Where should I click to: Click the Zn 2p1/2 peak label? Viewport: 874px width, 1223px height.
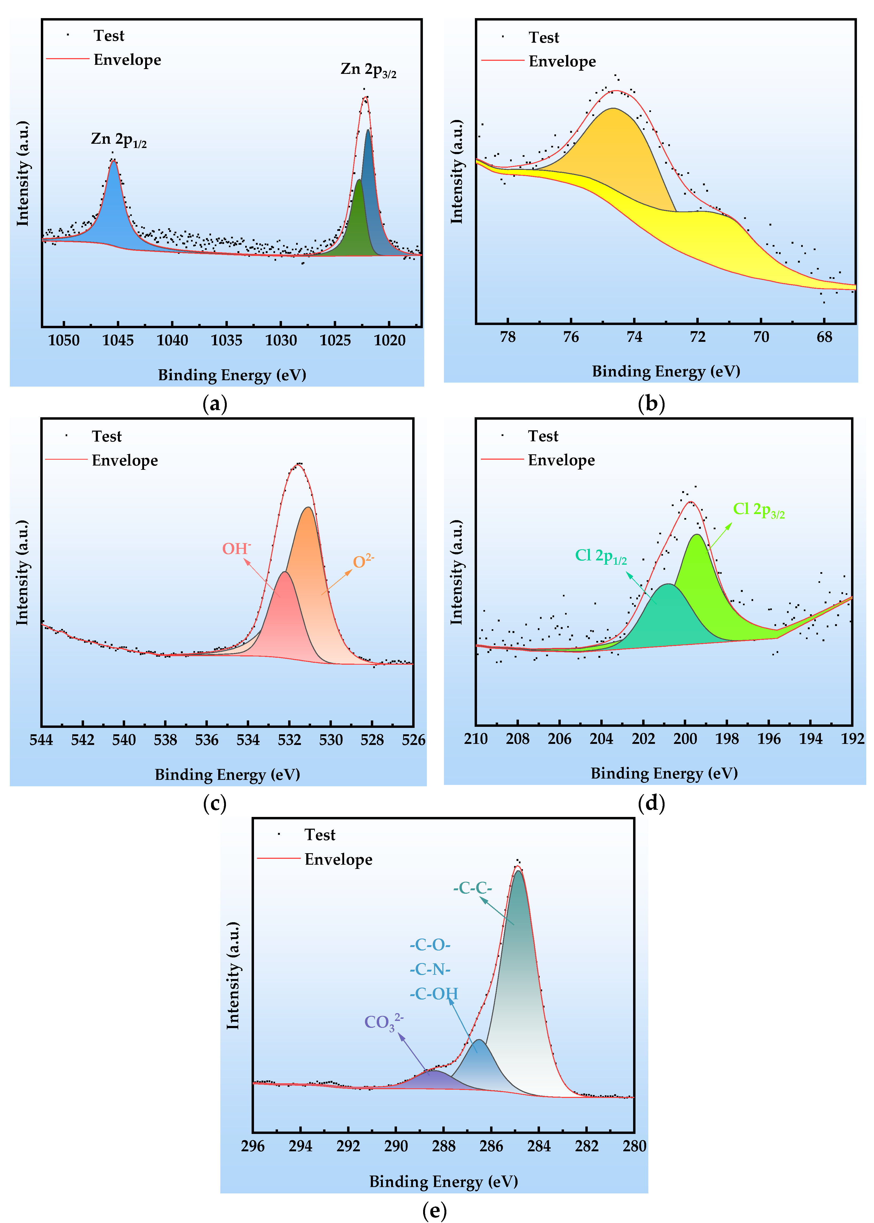118,140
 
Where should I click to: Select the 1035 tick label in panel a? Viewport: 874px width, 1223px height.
227,340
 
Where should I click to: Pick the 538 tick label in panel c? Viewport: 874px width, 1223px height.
165,740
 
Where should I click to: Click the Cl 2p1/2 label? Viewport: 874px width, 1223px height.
601,556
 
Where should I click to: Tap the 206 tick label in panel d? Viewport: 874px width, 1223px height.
559,739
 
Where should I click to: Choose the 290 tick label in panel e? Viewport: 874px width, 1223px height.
396,1146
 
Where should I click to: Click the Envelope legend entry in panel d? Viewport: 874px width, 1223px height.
561,460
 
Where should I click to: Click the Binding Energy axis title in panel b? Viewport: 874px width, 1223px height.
666,371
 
